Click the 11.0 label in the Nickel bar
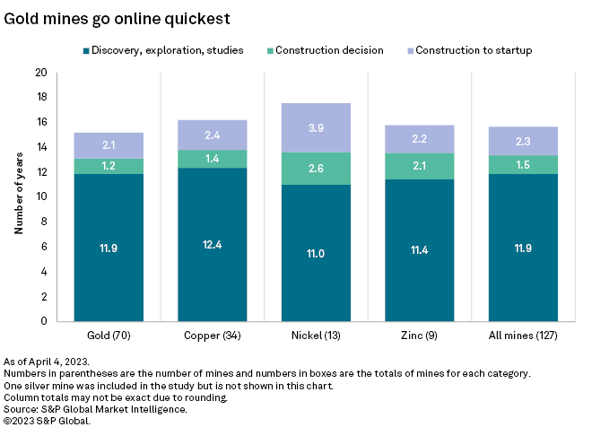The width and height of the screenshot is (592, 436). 317,254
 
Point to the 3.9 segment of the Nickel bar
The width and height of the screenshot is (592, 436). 317,128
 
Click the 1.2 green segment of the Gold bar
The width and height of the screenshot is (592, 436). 109,166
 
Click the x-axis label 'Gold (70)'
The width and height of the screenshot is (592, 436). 109,335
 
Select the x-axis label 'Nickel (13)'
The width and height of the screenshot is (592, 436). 317,335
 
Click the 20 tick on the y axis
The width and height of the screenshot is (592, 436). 41,73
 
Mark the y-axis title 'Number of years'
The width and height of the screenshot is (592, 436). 18,196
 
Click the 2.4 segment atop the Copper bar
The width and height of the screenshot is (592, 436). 213,135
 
